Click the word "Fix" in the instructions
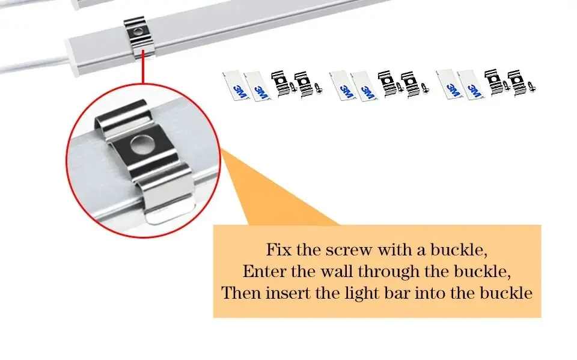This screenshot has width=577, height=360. point(278,249)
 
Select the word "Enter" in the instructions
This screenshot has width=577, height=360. point(264,271)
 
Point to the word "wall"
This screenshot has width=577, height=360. point(337,271)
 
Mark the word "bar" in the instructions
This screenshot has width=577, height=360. point(397,293)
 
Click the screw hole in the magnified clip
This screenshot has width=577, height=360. point(141,144)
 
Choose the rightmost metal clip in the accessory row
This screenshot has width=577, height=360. point(518,84)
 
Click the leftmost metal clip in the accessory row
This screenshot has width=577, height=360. point(281,83)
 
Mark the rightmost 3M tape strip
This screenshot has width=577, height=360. point(471,85)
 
